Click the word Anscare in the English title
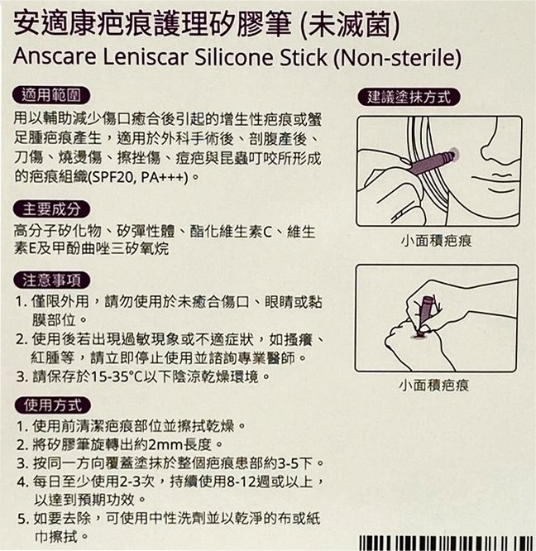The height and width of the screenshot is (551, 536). coord(55,57)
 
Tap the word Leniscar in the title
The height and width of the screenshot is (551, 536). coord(145,57)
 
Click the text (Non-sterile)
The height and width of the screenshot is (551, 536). coord(397,58)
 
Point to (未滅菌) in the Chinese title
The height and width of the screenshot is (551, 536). coord(350,25)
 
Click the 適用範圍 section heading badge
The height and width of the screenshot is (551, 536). coord(51,95)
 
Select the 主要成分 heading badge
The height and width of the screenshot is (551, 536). coord(51,209)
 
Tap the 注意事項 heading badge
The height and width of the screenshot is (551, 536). coord(51,280)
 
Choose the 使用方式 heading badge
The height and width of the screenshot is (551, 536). coord(53,405)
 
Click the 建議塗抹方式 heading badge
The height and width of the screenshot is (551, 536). coord(409,97)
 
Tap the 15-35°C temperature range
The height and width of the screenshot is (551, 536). coord(117,376)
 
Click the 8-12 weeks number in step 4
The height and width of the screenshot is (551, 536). coord(242,482)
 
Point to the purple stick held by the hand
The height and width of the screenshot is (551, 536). coord(426,312)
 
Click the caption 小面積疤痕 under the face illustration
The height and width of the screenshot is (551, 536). coord(436,241)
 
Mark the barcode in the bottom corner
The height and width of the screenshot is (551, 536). coord(446,544)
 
